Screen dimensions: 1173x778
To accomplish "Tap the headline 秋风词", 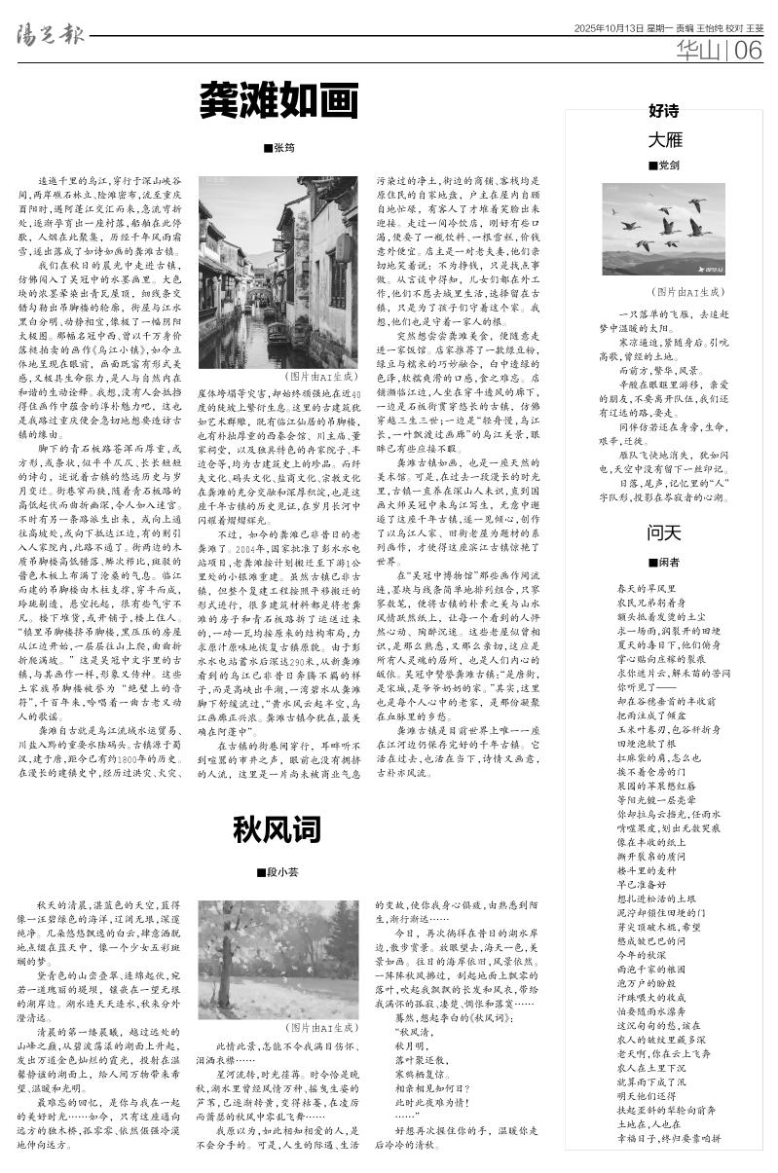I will pyautogui.click(x=277, y=829).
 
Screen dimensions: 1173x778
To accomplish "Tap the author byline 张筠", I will pyautogui.click(x=278, y=148).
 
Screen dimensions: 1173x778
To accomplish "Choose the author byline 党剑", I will pyautogui.click(x=667, y=165).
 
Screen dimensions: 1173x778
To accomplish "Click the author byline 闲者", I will pyautogui.click(x=667, y=562).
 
